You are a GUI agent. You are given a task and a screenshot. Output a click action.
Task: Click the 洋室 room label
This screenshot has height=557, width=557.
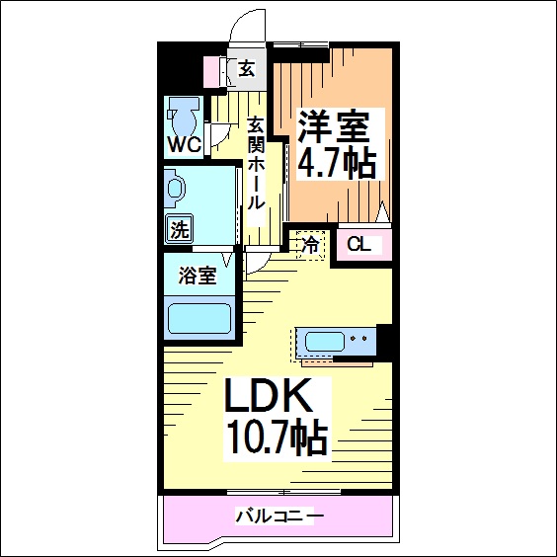(x=334, y=127)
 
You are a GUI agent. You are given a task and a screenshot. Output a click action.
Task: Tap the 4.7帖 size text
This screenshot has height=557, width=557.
(x=337, y=162)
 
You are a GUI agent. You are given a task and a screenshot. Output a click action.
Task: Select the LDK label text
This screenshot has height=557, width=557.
(x=268, y=395)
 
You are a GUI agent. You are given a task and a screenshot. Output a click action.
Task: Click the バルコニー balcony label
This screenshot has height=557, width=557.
(x=279, y=517)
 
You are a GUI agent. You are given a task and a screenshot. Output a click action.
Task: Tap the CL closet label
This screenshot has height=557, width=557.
(x=358, y=245)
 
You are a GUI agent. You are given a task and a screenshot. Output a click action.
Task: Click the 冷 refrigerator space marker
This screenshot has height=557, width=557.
(x=310, y=245)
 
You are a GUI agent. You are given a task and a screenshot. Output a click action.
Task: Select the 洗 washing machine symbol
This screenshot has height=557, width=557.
(x=180, y=229)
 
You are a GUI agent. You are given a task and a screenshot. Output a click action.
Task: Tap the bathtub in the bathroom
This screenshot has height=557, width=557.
(x=199, y=318)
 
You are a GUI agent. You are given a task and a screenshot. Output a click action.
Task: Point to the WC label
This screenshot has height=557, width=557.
(x=185, y=144)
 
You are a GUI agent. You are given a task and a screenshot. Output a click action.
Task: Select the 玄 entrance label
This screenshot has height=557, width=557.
(x=246, y=68)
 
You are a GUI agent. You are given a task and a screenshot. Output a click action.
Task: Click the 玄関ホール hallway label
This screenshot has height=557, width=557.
(x=257, y=164)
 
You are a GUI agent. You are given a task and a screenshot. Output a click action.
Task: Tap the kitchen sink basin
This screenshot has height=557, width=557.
(x=325, y=342)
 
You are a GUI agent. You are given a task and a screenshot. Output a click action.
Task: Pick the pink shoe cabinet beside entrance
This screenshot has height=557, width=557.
(x=211, y=72)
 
